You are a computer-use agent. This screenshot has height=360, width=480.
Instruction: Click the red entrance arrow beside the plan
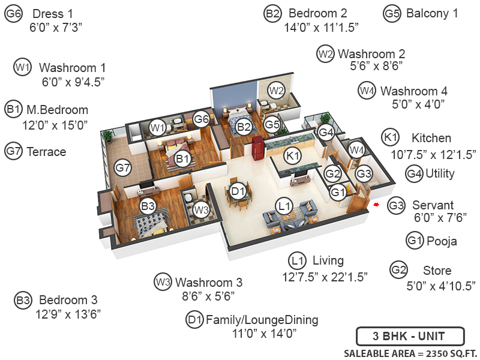(x=376, y=205)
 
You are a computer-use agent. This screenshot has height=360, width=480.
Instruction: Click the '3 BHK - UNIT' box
(x=410, y=336)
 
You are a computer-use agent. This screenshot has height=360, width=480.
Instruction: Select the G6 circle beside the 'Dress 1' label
(x=13, y=14)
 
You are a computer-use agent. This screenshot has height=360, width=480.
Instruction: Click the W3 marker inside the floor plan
(x=201, y=209)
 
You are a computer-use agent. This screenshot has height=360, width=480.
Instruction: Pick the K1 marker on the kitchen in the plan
(x=292, y=156)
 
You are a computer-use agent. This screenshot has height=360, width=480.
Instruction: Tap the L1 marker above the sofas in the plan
(x=284, y=206)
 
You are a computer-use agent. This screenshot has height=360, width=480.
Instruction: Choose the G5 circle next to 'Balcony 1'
(x=392, y=13)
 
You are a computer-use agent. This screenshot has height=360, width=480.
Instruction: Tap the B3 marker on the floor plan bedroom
(x=148, y=206)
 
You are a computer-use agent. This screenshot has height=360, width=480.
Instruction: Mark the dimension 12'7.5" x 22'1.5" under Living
(x=325, y=277)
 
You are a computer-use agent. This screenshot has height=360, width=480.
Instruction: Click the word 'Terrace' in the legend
(x=46, y=152)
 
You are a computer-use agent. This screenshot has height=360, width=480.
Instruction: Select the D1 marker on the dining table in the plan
(x=238, y=191)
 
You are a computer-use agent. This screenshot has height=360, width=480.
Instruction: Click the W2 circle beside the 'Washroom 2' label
(x=325, y=54)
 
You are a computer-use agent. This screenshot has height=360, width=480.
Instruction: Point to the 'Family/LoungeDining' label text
(x=262, y=319)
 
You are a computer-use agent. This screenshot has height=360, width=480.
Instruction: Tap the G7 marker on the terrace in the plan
(x=122, y=168)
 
